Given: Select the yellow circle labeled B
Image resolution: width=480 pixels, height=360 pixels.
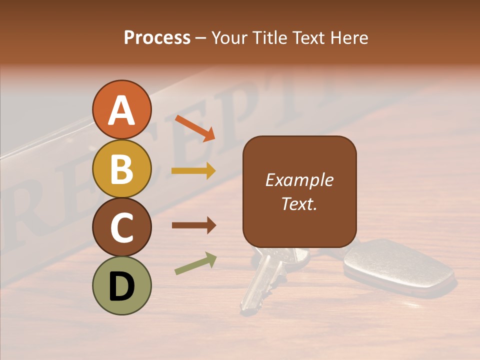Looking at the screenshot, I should point(121,168).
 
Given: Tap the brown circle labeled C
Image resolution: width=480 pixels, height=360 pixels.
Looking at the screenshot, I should point(121,227).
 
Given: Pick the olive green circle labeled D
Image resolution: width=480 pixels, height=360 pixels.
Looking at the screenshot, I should point(121,285).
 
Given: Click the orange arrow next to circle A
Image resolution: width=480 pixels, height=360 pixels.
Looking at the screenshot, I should point(194,128).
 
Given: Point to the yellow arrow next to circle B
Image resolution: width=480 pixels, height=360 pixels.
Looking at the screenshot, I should point(193,171).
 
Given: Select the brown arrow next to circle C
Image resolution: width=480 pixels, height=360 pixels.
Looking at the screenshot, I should point(193,225).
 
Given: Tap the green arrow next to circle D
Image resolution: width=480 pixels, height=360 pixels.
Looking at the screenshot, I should point(195,263).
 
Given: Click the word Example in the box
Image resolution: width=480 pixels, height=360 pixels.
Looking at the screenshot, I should point(299,180).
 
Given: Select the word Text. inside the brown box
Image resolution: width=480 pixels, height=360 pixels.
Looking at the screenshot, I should point(299,203).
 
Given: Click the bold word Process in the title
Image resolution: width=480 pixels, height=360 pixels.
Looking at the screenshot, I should point(157,37).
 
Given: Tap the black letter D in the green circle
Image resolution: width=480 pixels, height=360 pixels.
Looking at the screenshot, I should point(121,286).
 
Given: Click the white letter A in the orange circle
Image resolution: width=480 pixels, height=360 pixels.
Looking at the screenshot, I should point(121,110).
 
